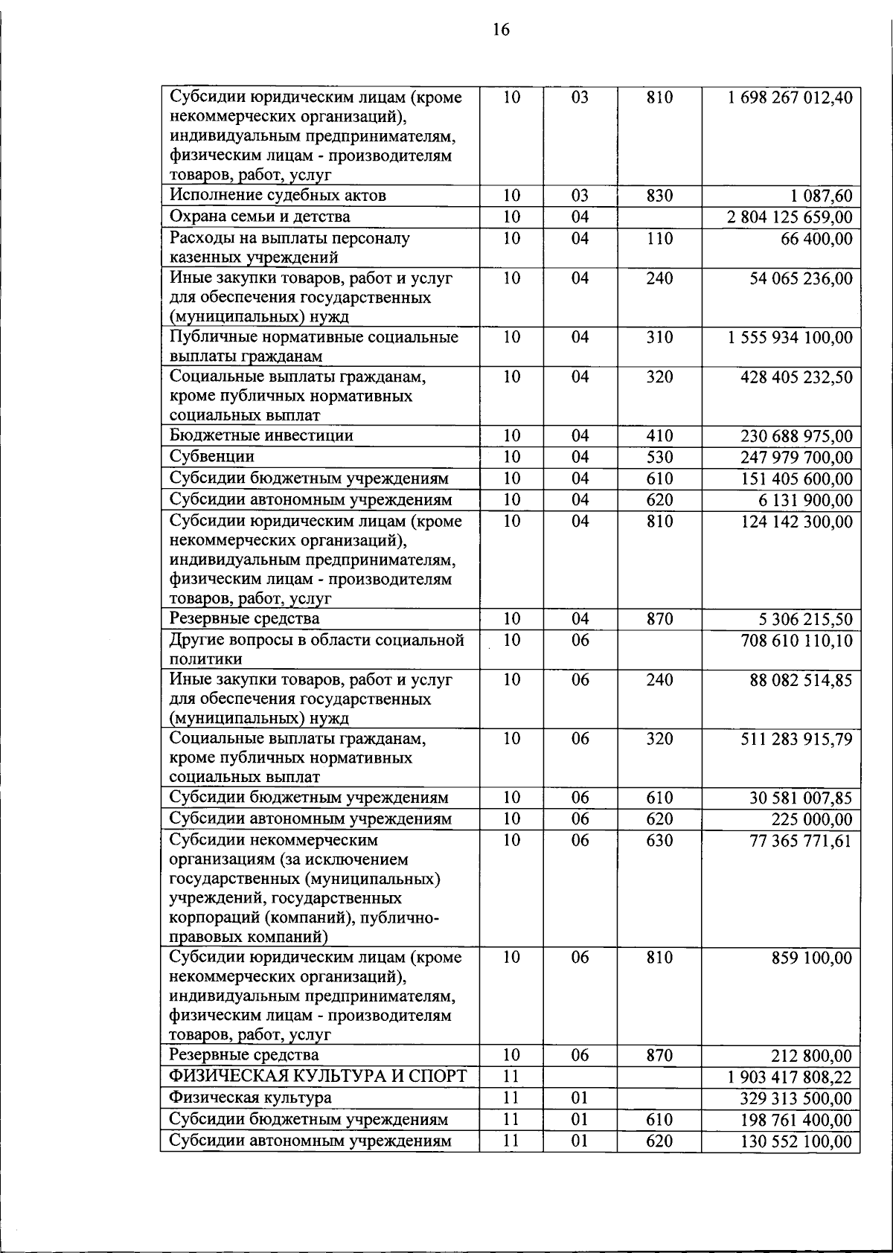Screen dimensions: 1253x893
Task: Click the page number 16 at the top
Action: click(501, 31)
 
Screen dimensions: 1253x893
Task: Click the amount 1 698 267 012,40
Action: click(790, 98)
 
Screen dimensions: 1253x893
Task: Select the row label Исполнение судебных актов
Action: click(278, 196)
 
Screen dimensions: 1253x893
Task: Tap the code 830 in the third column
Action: click(659, 196)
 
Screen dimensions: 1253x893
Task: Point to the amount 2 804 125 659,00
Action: click(790, 218)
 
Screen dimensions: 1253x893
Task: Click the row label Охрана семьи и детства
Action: click(260, 217)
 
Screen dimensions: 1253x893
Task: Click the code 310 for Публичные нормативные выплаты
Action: click(659, 338)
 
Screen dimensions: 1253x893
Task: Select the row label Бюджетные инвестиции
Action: click(261, 435)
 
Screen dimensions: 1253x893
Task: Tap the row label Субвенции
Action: click(212, 457)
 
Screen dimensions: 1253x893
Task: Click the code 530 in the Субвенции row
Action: click(659, 457)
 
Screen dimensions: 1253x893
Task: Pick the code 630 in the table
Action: click(659, 841)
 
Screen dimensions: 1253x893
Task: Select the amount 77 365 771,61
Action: click(801, 842)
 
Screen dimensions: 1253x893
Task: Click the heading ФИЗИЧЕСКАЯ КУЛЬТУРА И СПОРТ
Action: click(318, 1077)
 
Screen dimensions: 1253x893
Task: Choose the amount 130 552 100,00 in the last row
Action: click(796, 1142)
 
